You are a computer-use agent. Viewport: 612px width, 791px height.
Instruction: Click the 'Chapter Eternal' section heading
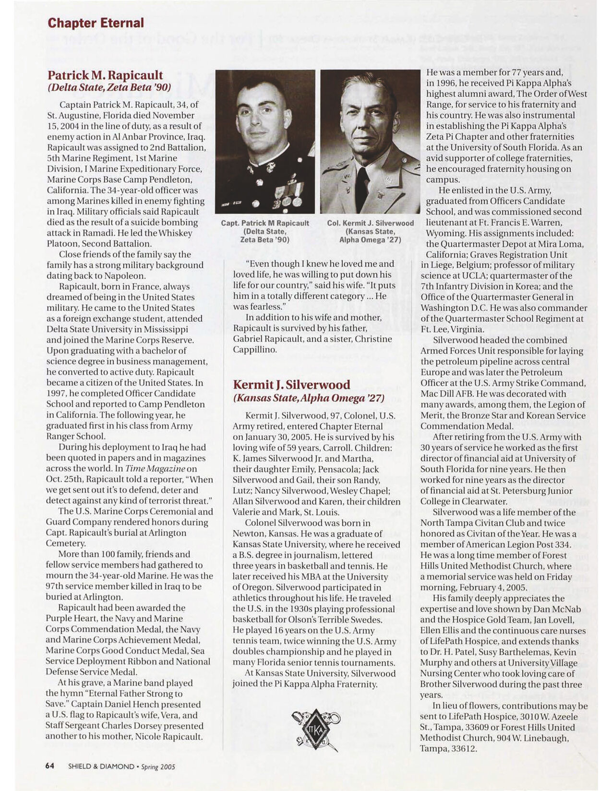[x=96, y=23]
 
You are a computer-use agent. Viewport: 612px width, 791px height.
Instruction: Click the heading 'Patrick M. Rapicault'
[x=105, y=75]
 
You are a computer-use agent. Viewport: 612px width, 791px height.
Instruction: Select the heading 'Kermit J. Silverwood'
[x=291, y=385]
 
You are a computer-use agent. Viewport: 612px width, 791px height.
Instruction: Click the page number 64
[x=49, y=766]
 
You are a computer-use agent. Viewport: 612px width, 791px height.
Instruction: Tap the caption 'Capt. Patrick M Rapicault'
[x=265, y=223]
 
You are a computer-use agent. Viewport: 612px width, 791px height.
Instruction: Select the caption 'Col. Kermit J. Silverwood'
[x=370, y=223]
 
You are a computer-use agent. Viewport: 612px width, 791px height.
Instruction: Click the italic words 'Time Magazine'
[x=155, y=469]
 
